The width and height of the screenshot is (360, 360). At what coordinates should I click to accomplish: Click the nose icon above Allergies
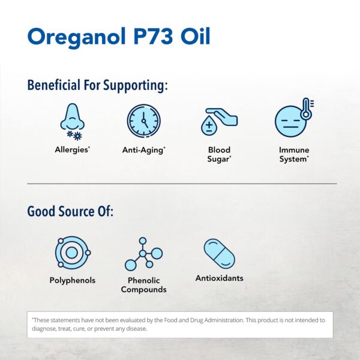click(72, 118)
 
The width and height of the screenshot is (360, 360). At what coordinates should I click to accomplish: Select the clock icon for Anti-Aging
click(143, 121)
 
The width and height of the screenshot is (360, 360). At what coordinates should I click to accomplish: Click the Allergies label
click(71, 150)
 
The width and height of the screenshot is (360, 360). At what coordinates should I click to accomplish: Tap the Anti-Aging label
click(143, 150)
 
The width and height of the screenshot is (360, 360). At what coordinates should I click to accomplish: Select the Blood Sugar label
click(219, 154)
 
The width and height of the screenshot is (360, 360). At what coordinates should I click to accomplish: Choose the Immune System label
click(293, 154)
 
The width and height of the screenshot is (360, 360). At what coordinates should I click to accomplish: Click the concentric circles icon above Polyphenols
click(72, 253)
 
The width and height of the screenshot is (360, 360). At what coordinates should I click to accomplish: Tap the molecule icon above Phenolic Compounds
click(143, 254)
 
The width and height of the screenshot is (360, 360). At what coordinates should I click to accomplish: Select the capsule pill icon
click(219, 254)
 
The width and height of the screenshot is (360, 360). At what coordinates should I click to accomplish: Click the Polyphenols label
click(72, 280)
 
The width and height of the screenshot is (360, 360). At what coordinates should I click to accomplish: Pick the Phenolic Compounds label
click(143, 285)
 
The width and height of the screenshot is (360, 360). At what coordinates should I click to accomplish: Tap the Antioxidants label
click(219, 278)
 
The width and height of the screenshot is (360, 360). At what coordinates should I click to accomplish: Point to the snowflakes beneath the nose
click(74, 135)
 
